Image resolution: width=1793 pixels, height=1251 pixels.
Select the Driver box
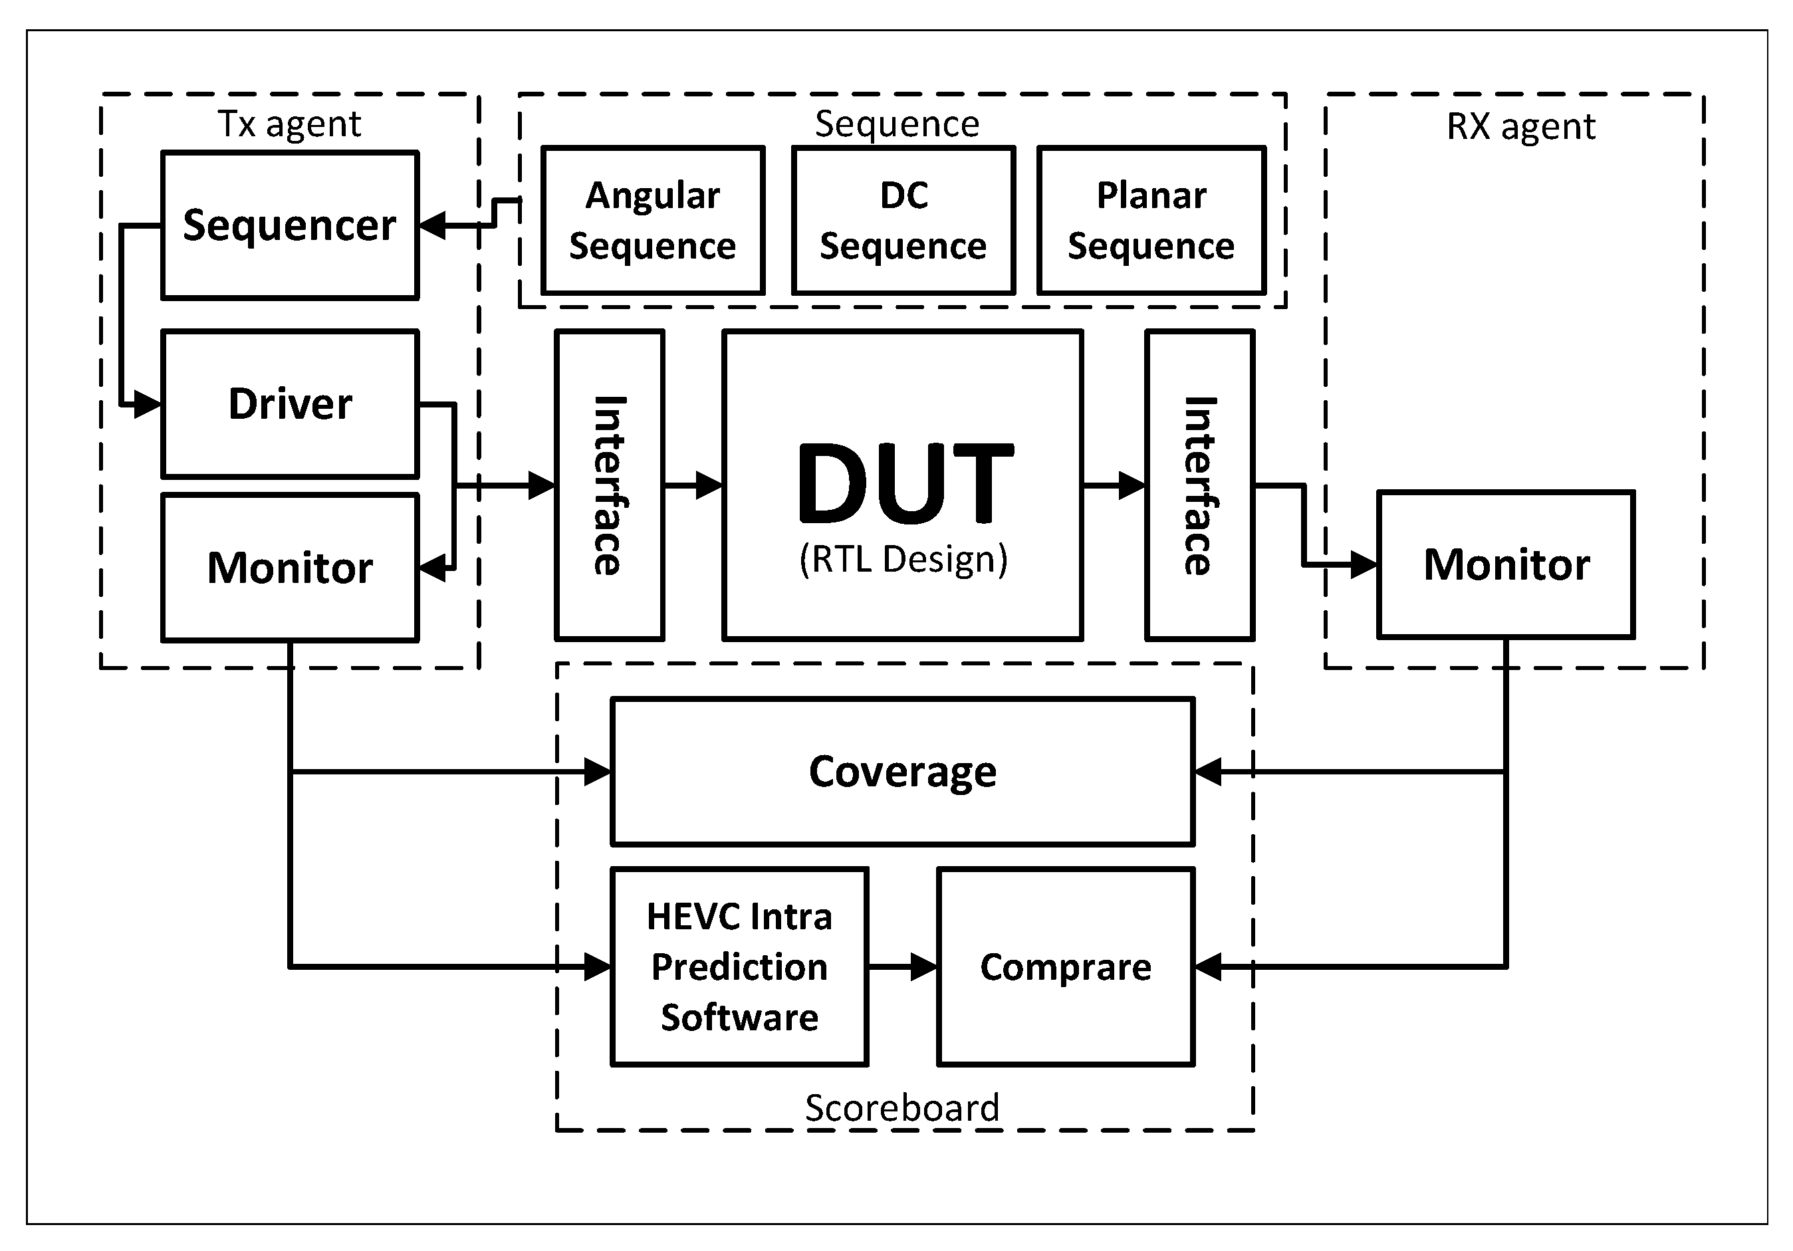pyautogui.click(x=290, y=403)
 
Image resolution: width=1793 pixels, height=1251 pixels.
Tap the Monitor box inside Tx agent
pyautogui.click(x=290, y=567)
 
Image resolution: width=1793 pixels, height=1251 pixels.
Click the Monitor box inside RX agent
pyautogui.click(x=1506, y=564)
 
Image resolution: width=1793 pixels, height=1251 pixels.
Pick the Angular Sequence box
pyautogui.click(x=653, y=220)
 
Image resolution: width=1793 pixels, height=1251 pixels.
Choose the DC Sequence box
pyautogui.click(x=903, y=220)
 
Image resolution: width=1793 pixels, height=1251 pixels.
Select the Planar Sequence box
pyautogui.click(x=1151, y=220)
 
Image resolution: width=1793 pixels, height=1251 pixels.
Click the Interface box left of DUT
pyautogui.click(x=609, y=485)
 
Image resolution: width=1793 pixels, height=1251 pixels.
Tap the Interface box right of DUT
pyautogui.click(x=1199, y=485)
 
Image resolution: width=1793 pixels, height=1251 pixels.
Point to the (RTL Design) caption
pyautogui.click(x=903, y=559)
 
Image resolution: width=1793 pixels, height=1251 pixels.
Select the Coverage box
pyautogui.click(x=902, y=772)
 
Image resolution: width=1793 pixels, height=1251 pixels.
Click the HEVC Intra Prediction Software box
pyautogui.click(x=739, y=967)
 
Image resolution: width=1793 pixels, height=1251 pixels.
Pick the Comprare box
pyautogui.click(x=1065, y=967)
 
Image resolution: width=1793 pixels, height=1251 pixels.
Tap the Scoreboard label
pyautogui.click(x=902, y=1107)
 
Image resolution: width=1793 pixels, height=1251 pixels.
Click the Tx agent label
pyautogui.click(x=289, y=124)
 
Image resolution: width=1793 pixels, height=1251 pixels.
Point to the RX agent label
pyautogui.click(x=1520, y=126)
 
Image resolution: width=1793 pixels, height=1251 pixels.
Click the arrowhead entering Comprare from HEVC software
pyautogui.click(x=925, y=967)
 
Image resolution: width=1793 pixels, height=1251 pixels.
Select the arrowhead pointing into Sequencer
pyautogui.click(x=433, y=226)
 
